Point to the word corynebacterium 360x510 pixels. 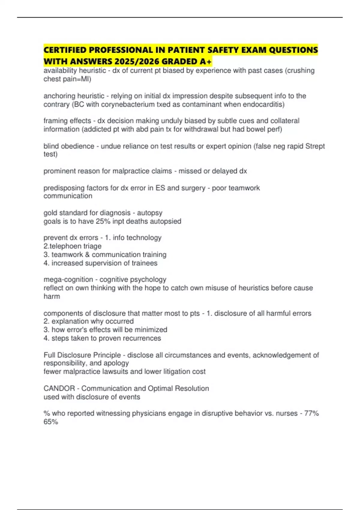(x=121, y=104)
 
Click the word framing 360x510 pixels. (x=54, y=121)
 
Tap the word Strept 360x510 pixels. (x=315, y=146)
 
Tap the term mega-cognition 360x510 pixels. (x=68, y=280)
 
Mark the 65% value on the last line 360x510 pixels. (x=51, y=422)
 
